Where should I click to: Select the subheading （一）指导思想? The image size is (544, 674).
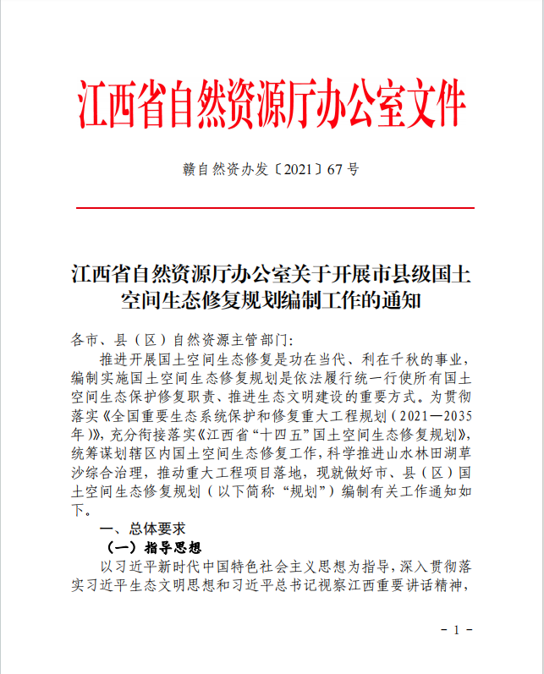pyautogui.click(x=151, y=547)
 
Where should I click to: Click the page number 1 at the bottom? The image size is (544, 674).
pyautogui.click(x=456, y=631)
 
